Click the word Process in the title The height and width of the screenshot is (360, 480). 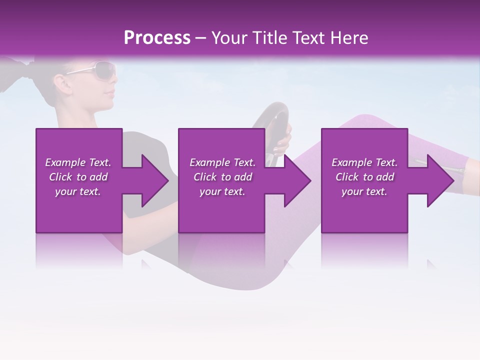(x=157, y=38)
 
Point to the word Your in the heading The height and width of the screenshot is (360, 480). (x=228, y=38)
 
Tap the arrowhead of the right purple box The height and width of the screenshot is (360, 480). (x=439, y=180)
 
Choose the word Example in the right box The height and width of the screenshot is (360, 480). (x=351, y=162)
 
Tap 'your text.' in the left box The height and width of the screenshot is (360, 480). (x=78, y=191)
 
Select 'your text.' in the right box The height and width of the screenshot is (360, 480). (x=364, y=191)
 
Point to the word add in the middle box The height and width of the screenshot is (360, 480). (x=243, y=177)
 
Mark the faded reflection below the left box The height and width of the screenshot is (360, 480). (x=78, y=250)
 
